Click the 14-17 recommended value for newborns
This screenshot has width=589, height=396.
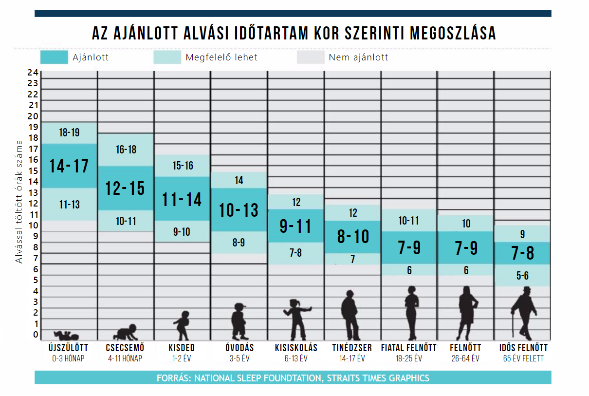point(69,166)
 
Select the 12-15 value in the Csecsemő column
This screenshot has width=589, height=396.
point(126,188)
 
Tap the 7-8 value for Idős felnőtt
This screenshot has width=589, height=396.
point(522,253)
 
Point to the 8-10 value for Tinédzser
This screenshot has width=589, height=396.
point(353,237)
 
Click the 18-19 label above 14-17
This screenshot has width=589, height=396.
point(69,132)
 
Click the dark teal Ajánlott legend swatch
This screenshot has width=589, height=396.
point(54,57)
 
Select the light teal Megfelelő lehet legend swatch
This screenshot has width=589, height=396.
point(167,57)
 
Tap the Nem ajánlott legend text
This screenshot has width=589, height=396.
point(358,57)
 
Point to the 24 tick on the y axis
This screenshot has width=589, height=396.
point(33,73)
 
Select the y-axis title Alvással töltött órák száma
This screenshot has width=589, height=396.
point(19,201)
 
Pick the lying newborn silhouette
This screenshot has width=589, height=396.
point(66,335)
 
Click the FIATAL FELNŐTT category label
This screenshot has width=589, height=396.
point(409,348)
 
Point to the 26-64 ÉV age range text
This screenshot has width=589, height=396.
point(466,358)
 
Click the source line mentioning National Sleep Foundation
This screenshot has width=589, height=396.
point(293,378)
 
